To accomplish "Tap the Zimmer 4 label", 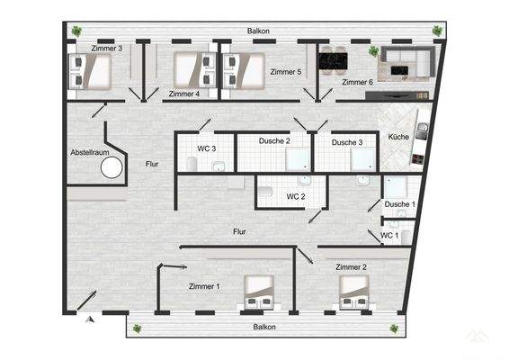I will coord(183,93).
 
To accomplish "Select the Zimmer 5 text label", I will coord(287,71).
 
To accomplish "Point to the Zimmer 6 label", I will coord(357,83).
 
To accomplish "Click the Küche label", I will coord(398,136).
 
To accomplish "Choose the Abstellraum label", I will coord(92,153).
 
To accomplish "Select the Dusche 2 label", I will coord(275,141).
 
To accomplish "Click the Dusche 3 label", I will coord(346,142).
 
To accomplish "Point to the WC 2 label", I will coord(297,196).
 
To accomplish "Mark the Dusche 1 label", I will coord(400,204).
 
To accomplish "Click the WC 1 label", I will coord(389,236).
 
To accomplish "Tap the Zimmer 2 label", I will coord(351,267).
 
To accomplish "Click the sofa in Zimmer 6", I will coord(408,63).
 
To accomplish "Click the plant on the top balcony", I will coord(437,31).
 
